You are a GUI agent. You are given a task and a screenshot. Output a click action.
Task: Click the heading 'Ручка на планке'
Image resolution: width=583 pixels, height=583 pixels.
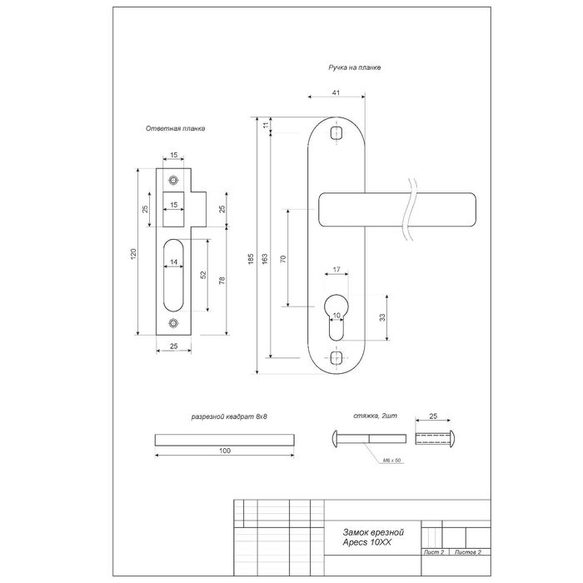(354, 67)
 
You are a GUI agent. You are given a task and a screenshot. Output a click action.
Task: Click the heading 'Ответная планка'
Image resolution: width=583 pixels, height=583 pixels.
(175, 128)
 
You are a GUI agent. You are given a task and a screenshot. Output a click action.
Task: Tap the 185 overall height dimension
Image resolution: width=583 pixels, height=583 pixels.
(251, 259)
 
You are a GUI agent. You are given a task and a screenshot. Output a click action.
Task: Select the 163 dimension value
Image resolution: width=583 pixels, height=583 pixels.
(265, 259)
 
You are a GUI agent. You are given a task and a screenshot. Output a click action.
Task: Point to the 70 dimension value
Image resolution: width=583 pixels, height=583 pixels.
(283, 259)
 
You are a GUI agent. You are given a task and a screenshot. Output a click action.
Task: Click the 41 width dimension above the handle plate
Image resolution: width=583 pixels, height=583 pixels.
(336, 92)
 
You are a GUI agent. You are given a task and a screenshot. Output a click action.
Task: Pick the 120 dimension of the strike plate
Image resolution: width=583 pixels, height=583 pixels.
(134, 253)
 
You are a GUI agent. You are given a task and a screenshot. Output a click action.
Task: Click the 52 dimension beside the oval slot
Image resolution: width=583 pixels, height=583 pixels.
(203, 275)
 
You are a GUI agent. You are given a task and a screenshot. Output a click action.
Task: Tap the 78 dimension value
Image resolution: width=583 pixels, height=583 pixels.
(222, 281)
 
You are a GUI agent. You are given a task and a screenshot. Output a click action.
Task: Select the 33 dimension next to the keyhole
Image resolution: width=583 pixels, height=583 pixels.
(382, 317)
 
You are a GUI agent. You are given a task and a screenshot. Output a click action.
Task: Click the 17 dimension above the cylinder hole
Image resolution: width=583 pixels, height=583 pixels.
(336, 270)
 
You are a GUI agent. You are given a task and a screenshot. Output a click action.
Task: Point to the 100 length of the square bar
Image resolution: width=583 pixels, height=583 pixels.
(225, 451)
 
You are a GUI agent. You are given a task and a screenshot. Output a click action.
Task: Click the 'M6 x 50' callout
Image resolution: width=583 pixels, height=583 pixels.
(392, 461)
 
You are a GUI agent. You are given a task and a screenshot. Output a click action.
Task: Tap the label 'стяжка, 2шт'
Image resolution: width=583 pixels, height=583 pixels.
(375, 416)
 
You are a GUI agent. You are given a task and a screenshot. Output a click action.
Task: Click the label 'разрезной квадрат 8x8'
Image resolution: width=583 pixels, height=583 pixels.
(229, 416)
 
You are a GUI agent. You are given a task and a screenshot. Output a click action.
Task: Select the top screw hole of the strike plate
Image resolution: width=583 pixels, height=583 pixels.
(173, 181)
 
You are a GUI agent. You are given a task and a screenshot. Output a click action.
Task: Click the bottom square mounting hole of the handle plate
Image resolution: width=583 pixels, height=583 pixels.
(336, 357)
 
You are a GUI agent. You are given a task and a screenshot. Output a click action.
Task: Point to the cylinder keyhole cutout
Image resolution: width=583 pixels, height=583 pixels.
(336, 317)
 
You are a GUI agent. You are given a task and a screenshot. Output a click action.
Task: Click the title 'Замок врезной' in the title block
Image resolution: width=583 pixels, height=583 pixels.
(373, 532)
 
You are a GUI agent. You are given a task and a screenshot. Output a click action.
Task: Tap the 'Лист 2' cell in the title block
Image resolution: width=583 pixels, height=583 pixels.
(434, 552)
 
